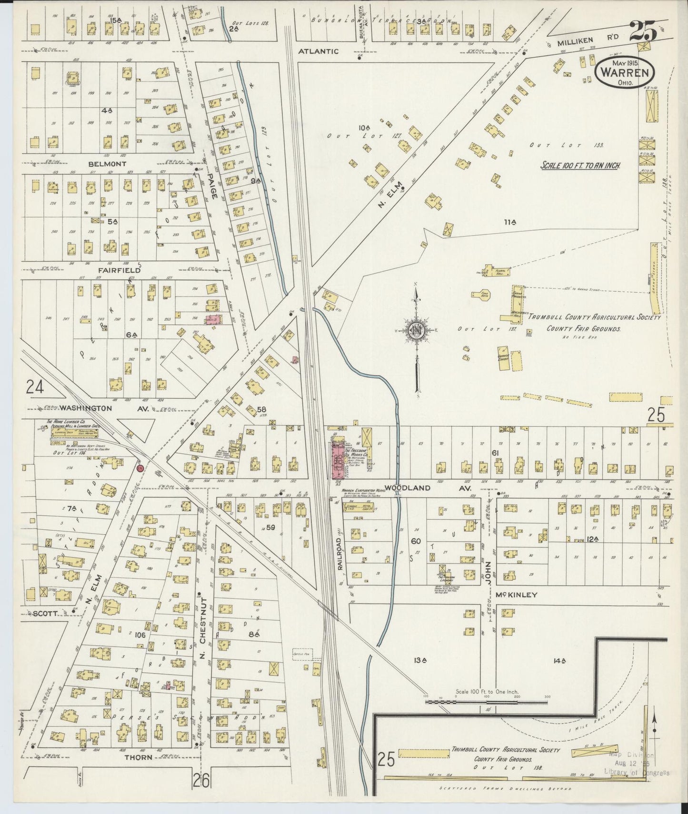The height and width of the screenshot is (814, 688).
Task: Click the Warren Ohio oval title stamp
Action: (625, 72)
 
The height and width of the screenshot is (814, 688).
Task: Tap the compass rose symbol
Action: (417, 330)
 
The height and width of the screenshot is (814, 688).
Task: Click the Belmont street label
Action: (107, 164)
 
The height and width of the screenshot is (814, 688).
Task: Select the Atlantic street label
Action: (319, 51)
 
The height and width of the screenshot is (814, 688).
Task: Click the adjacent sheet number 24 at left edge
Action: (35, 386)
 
